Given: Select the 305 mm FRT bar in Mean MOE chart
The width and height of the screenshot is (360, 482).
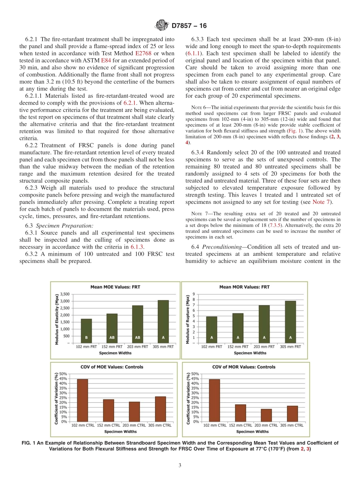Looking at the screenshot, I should (163, 321).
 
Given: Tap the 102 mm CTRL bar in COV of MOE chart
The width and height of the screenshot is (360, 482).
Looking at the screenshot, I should (82, 400).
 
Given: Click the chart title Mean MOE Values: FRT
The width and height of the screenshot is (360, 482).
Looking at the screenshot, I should (115, 287).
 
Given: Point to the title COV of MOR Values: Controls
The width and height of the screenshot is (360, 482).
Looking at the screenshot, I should (249, 367).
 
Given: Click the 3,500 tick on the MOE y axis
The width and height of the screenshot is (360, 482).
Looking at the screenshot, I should (64, 294).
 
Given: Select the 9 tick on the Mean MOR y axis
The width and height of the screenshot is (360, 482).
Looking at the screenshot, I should (194, 294).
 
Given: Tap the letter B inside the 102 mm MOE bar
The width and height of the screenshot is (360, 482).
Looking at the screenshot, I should (86, 337).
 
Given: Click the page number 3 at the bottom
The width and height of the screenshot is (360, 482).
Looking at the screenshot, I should (180, 465).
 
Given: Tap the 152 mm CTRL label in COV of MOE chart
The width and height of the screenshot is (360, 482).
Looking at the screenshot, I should (108, 425).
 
